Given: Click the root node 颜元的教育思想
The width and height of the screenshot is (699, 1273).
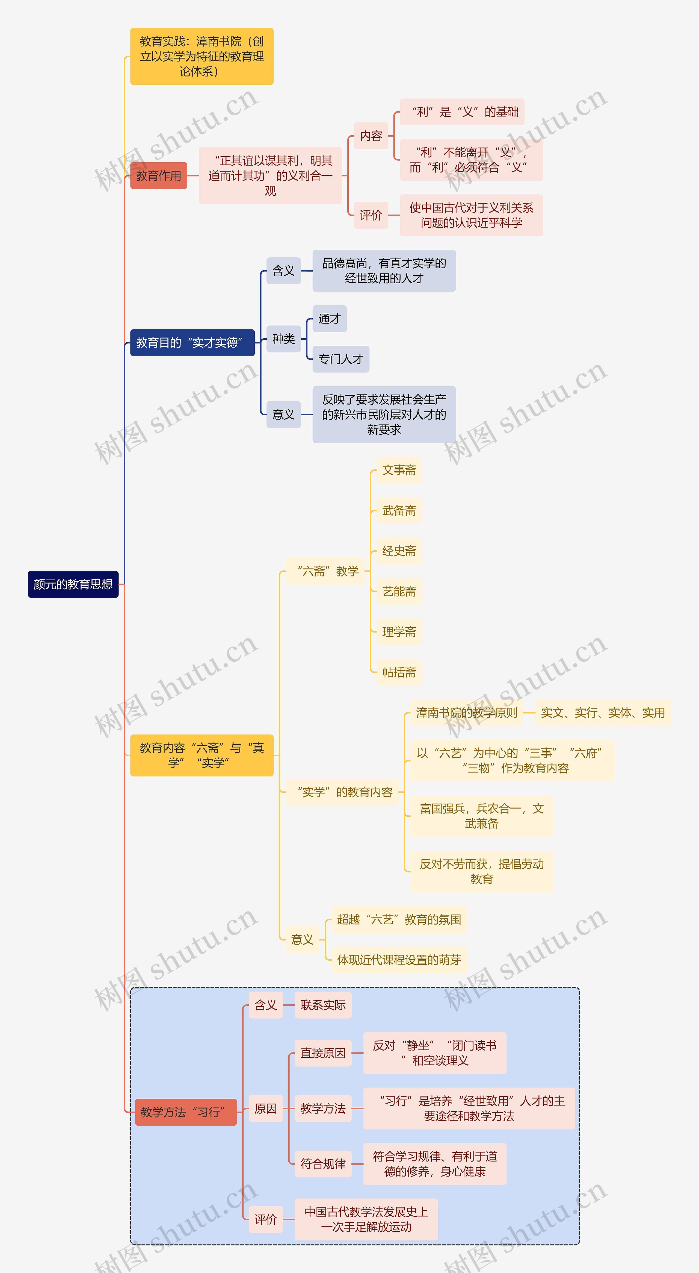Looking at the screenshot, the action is tap(73, 584).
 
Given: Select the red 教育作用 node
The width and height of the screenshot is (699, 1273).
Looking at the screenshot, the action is tap(159, 175).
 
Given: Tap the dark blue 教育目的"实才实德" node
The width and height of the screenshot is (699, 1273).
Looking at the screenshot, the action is tap(192, 342).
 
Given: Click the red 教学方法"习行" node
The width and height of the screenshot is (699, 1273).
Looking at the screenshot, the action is tap(186, 1112).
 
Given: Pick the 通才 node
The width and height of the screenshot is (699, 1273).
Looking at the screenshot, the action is tap(330, 319).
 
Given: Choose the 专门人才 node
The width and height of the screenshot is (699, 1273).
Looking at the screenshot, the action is tap(341, 359).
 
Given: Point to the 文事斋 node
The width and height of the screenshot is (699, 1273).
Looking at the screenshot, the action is tap(399, 470).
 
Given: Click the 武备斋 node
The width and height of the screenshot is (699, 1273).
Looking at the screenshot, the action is tap(399, 510).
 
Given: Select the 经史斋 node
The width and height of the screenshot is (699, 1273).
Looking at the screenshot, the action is tap(399, 551).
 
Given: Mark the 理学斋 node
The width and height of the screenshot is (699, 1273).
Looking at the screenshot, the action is tap(399, 631).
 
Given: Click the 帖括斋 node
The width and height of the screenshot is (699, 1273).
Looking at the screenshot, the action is tap(399, 672).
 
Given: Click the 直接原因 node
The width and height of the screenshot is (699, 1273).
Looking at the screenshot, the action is tap(323, 1053).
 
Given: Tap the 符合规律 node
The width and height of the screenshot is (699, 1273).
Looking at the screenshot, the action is tap(323, 1164).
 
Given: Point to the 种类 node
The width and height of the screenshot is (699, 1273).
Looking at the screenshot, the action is tap(283, 339).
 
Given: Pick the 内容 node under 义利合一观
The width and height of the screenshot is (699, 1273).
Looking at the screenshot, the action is tap(371, 136).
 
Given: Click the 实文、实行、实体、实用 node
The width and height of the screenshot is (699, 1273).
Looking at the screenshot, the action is tap(603, 713).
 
